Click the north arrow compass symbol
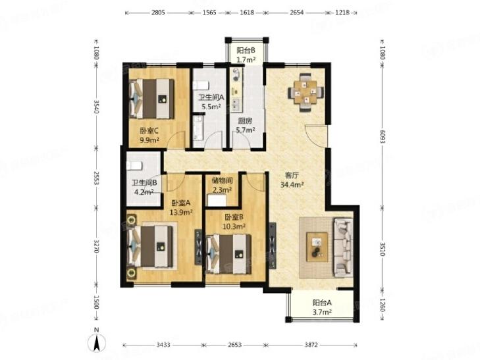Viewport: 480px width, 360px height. (x=97, y=343)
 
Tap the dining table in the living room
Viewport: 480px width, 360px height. (x=306, y=92)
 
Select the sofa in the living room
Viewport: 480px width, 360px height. (x=343, y=247)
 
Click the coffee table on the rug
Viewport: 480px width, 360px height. (x=317, y=247)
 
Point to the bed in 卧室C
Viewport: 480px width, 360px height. (x=151, y=99)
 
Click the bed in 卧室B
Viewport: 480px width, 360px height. (x=228, y=254)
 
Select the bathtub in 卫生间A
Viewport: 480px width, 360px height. (x=198, y=128)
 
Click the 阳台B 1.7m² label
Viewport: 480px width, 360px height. (x=246, y=55)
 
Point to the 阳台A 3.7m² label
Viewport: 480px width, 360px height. (x=322, y=307)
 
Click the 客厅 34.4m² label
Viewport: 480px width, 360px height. (x=292, y=180)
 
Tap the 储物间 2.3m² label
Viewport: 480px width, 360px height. (x=223, y=185)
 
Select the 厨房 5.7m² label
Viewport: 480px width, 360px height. (x=246, y=126)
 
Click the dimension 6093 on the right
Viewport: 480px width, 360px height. (x=382, y=136)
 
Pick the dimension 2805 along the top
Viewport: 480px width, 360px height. (x=158, y=13)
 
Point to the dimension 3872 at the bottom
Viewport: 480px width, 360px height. (x=311, y=345)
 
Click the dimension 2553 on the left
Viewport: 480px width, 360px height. (x=96, y=178)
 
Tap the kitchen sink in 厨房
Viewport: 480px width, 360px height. (x=235, y=104)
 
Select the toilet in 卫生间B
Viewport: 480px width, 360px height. (x=135, y=165)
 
